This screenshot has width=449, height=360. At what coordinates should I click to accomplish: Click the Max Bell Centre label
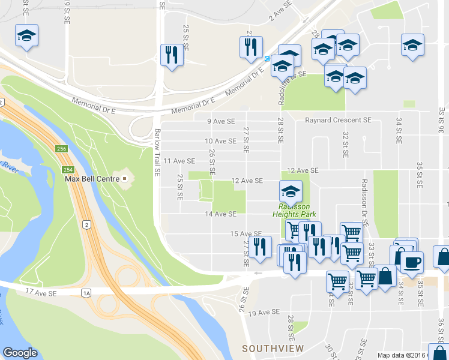coord(89,179)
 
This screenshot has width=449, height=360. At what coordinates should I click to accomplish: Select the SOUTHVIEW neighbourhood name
coord(273,349)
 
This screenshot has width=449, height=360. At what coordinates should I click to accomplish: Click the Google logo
coord(20,353)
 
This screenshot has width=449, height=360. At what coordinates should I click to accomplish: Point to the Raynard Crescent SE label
coord(338,120)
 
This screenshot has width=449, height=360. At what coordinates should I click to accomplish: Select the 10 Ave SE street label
coord(220,141)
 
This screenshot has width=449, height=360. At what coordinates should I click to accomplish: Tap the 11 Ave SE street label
coord(179,161)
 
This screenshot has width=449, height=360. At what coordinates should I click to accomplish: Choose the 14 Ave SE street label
coord(220,214)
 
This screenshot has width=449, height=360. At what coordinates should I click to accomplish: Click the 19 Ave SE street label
coord(264,313)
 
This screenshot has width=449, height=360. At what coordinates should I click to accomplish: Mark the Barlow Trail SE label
coord(158,152)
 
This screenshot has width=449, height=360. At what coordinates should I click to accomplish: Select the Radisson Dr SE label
coord(364,201)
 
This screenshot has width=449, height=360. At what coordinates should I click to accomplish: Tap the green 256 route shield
coord(62,149)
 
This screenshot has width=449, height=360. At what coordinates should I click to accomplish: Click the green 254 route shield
coord(62,162)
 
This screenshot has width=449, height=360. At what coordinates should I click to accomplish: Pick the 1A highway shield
coord(86,292)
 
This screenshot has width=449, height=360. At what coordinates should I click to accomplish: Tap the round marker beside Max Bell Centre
coord(125,179)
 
